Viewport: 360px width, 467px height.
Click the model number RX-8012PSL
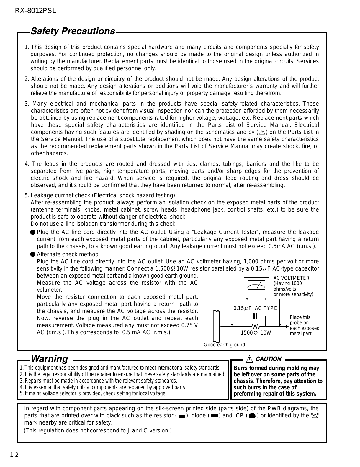(35, 11)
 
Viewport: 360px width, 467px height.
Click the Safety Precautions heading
(73, 31)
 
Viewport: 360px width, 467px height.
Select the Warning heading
(49, 359)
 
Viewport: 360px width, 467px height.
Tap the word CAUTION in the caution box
(269, 359)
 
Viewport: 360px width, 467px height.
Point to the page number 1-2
(14, 455)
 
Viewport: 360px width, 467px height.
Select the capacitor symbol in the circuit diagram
(255, 316)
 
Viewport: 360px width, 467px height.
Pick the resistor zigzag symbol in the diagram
(255, 327)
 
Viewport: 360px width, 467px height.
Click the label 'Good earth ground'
(224, 345)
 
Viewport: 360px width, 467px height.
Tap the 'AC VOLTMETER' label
(291, 278)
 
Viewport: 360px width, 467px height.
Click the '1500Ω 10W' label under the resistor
(256, 333)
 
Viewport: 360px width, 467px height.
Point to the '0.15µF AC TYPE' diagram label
(255, 308)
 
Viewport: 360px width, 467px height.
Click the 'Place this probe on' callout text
(300, 320)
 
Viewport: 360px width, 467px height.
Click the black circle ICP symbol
(252, 416)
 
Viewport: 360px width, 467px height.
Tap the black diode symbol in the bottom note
(214, 416)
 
